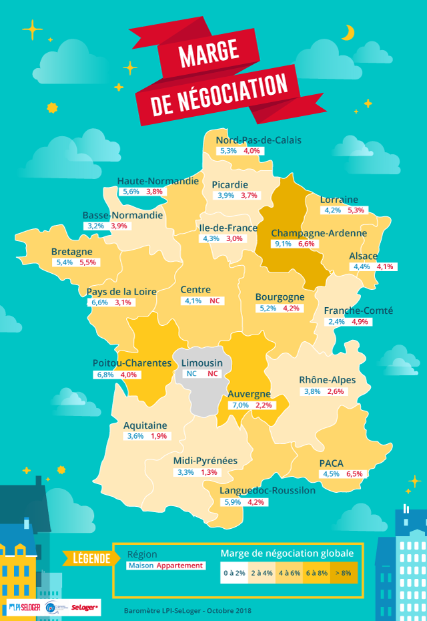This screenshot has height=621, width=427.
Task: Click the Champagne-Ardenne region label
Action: click(319, 233)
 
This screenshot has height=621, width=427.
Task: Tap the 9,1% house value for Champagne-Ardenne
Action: click(282, 244)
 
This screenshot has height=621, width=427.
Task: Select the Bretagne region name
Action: click(71, 252)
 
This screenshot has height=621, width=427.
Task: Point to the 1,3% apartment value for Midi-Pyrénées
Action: click(209, 472)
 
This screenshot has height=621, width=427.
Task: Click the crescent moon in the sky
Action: click(348, 32)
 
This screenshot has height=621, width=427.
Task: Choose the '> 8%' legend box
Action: click(342, 572)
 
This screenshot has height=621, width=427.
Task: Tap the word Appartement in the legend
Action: click(180, 566)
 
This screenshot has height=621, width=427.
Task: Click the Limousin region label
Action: click(202, 363)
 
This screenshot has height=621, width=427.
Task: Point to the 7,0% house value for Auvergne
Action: click(238, 405)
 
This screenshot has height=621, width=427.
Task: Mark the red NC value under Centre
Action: click(214, 301)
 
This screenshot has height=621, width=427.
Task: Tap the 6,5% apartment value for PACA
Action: click(354, 473)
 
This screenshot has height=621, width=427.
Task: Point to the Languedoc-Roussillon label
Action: click(268, 491)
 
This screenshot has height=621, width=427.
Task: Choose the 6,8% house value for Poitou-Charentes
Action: click(105, 374)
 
